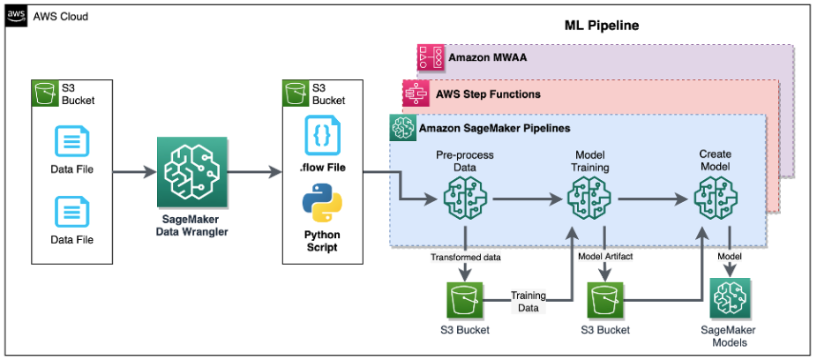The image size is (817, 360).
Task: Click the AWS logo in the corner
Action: (x=16, y=17)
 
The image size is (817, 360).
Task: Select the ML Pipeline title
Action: (x=602, y=26)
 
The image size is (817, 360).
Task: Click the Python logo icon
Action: (x=322, y=204)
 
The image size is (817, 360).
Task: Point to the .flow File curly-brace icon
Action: (x=322, y=135)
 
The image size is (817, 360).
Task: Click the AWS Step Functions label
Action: (x=488, y=93)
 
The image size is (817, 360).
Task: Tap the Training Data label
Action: (x=528, y=301)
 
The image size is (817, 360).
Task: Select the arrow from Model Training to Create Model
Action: (x=653, y=200)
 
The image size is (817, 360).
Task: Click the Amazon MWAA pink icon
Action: (x=430, y=58)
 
